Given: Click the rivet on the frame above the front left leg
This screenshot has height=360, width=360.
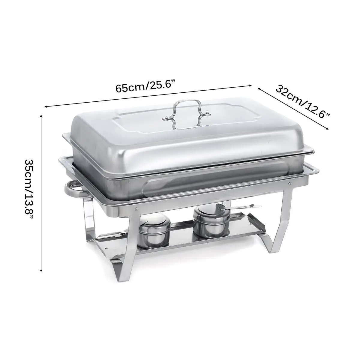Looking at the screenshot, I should [x=136, y=209].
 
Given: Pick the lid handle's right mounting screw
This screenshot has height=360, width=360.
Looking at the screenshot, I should [x=207, y=113].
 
